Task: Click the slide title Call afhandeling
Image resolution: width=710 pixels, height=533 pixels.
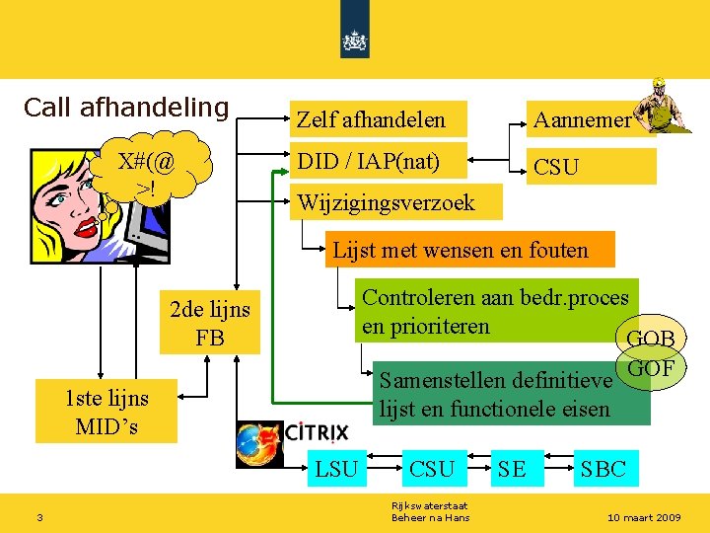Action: (x=126, y=107)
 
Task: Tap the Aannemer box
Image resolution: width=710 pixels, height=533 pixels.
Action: (x=582, y=120)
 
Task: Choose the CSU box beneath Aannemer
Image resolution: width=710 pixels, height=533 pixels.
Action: (x=591, y=167)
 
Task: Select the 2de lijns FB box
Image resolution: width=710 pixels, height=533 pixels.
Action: (x=210, y=323)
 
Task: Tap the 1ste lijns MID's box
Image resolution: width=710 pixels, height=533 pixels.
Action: (x=106, y=412)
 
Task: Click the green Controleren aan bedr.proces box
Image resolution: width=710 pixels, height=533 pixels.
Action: (x=496, y=311)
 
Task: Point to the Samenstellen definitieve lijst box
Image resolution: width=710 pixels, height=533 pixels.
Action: (x=501, y=394)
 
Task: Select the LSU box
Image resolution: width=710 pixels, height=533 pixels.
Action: (x=335, y=469)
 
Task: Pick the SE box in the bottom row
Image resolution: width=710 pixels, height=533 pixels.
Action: (x=513, y=469)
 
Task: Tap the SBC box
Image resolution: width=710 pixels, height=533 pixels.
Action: (x=603, y=469)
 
